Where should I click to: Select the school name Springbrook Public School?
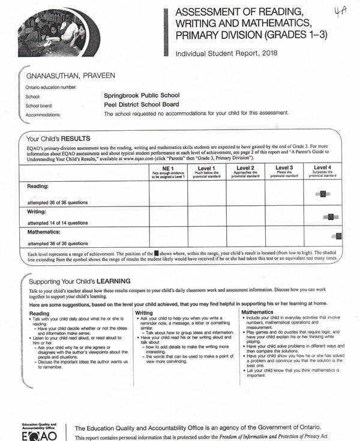(x=141, y=95)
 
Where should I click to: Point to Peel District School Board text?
(x=142, y=104)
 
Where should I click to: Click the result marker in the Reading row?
(x=323, y=194)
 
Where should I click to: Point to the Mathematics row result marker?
(x=338, y=236)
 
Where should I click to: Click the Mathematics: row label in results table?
(x=43, y=230)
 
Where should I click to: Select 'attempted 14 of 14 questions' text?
(x=59, y=222)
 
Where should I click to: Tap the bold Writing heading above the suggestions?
(x=144, y=313)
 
